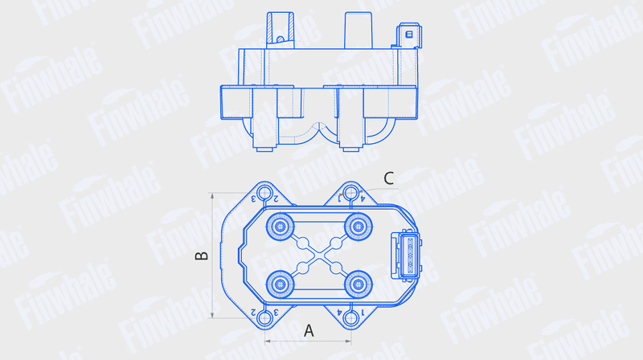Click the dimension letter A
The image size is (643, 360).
[x=309, y=330]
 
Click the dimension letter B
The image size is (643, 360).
[x=202, y=256]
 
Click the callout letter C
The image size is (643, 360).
[x=388, y=178]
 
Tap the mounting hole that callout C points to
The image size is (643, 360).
[x=350, y=192]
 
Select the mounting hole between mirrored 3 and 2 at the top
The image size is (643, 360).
[x=264, y=192]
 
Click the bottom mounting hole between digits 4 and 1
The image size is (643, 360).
[x=350, y=317]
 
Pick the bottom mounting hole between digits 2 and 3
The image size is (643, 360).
[x=265, y=317]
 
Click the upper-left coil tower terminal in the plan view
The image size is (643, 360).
[x=281, y=227]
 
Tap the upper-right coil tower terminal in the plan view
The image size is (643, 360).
[x=358, y=227]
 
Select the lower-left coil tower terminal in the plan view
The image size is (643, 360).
[x=281, y=284]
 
